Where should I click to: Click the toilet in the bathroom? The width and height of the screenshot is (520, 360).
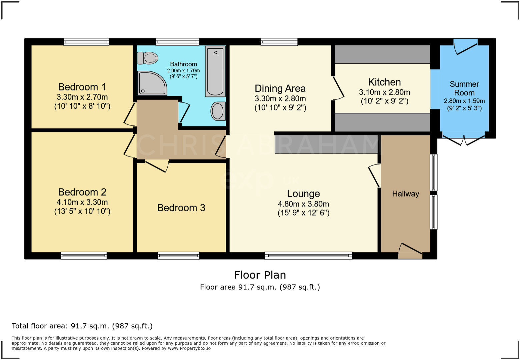(x=148, y=58)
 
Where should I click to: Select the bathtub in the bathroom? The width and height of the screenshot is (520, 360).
(x=215, y=71)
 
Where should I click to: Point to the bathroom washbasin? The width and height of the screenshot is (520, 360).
(x=218, y=111)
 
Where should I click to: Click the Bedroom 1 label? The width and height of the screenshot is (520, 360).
(x=82, y=87)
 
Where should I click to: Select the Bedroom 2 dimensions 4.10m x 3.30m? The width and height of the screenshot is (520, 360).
(x=82, y=202)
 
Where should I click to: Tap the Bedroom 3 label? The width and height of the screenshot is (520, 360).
(x=181, y=208)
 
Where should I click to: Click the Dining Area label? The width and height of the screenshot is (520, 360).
(x=280, y=89)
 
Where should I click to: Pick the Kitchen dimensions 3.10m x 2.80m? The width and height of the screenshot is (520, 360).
(x=384, y=92)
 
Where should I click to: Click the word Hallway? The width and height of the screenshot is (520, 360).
(x=405, y=194)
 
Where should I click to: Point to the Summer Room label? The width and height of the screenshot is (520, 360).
(x=464, y=88)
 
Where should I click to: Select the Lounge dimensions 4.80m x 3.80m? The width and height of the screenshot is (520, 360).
(x=303, y=204)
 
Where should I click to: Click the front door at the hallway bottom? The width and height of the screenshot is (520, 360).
(x=410, y=251)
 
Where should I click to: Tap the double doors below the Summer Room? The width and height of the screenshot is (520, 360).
(x=464, y=139)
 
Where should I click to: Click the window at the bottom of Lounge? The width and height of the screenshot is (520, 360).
(x=308, y=256)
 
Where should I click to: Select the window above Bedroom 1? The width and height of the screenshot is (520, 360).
(x=86, y=42)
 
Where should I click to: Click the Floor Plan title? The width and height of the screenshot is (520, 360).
(x=260, y=275)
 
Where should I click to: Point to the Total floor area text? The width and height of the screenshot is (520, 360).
(x=82, y=326)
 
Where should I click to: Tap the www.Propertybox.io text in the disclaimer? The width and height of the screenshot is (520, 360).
(x=189, y=348)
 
